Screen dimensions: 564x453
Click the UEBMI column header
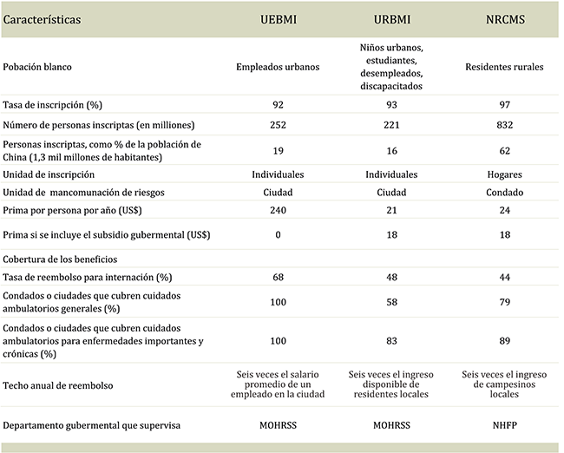[279, 17]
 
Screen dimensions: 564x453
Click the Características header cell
[43, 17]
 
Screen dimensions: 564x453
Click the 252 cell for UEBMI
[279, 125]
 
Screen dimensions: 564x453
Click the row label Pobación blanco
[37, 66]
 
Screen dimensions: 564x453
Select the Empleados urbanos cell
[279, 66]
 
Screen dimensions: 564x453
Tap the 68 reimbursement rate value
[279, 277]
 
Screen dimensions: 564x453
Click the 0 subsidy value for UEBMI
[279, 234]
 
